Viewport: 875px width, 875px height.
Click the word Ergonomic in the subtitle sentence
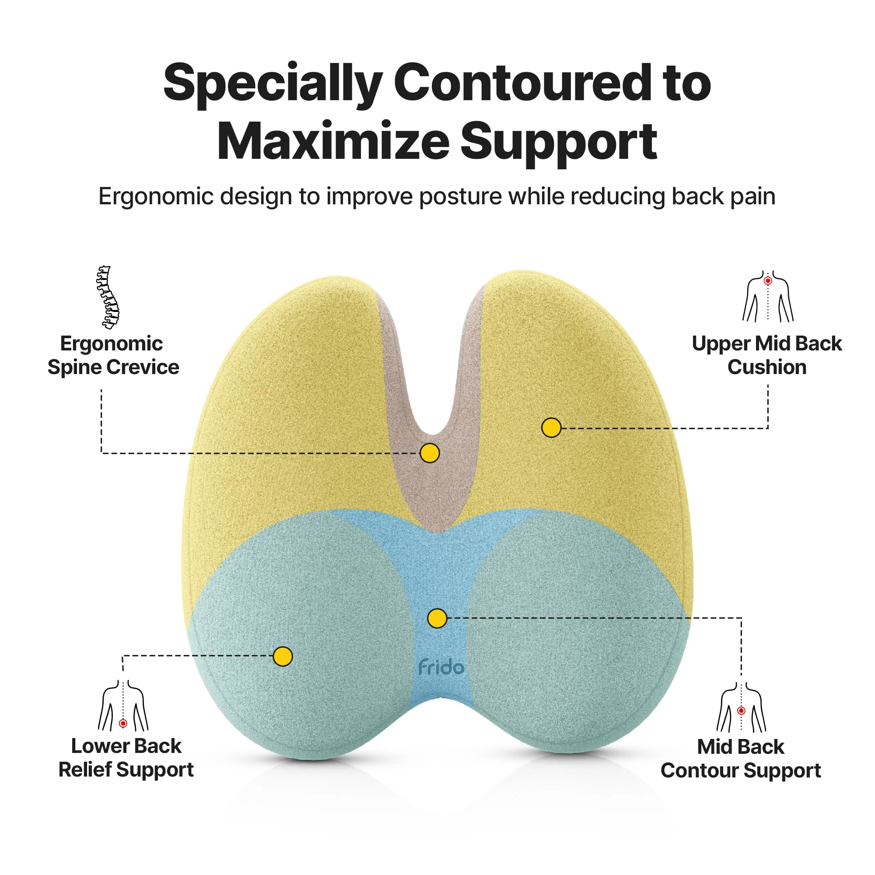tap(156, 197)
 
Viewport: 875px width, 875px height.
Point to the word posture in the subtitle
tap(460, 197)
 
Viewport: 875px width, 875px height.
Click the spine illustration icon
tap(108, 297)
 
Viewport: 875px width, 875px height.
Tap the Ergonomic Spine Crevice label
tap(113, 355)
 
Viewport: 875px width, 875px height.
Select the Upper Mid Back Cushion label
tap(767, 355)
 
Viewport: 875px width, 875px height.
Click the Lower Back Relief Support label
tap(126, 758)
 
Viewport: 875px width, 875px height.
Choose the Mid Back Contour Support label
tap(741, 759)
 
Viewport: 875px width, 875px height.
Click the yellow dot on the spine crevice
tap(429, 453)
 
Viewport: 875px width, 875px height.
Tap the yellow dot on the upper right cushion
tap(551, 427)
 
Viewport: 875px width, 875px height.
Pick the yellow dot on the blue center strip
tap(437, 618)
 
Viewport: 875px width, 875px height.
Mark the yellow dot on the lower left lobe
tap(283, 656)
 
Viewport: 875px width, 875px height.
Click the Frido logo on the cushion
tap(441, 668)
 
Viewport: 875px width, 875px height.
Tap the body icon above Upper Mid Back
tap(768, 297)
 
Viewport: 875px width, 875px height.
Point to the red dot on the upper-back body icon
tap(768, 281)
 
